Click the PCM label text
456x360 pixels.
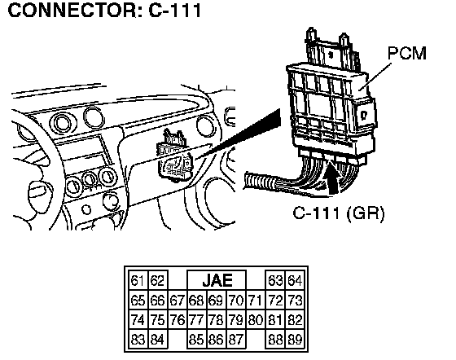[x=407, y=53]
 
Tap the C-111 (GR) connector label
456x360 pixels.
[x=338, y=213]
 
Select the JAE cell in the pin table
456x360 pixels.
[x=217, y=280]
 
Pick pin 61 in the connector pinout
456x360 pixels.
[x=138, y=281]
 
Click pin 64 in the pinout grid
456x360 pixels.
[x=295, y=281]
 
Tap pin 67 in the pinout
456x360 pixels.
[x=178, y=300]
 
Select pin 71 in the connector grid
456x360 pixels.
[x=256, y=300]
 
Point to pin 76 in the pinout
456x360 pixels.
[x=178, y=320]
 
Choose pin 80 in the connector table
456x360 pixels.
[x=256, y=320]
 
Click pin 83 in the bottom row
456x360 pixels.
[x=138, y=340]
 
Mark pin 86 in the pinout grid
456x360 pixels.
[x=216, y=340]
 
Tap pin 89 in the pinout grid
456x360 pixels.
[x=295, y=340]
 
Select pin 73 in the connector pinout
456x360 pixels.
[x=295, y=300]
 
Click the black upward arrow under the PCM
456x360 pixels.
[x=332, y=178]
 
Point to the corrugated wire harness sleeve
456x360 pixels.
[x=260, y=182]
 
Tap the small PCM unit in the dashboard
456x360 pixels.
[x=174, y=157]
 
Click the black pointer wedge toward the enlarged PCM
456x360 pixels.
[x=239, y=134]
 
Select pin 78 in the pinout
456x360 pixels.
[x=216, y=320]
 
